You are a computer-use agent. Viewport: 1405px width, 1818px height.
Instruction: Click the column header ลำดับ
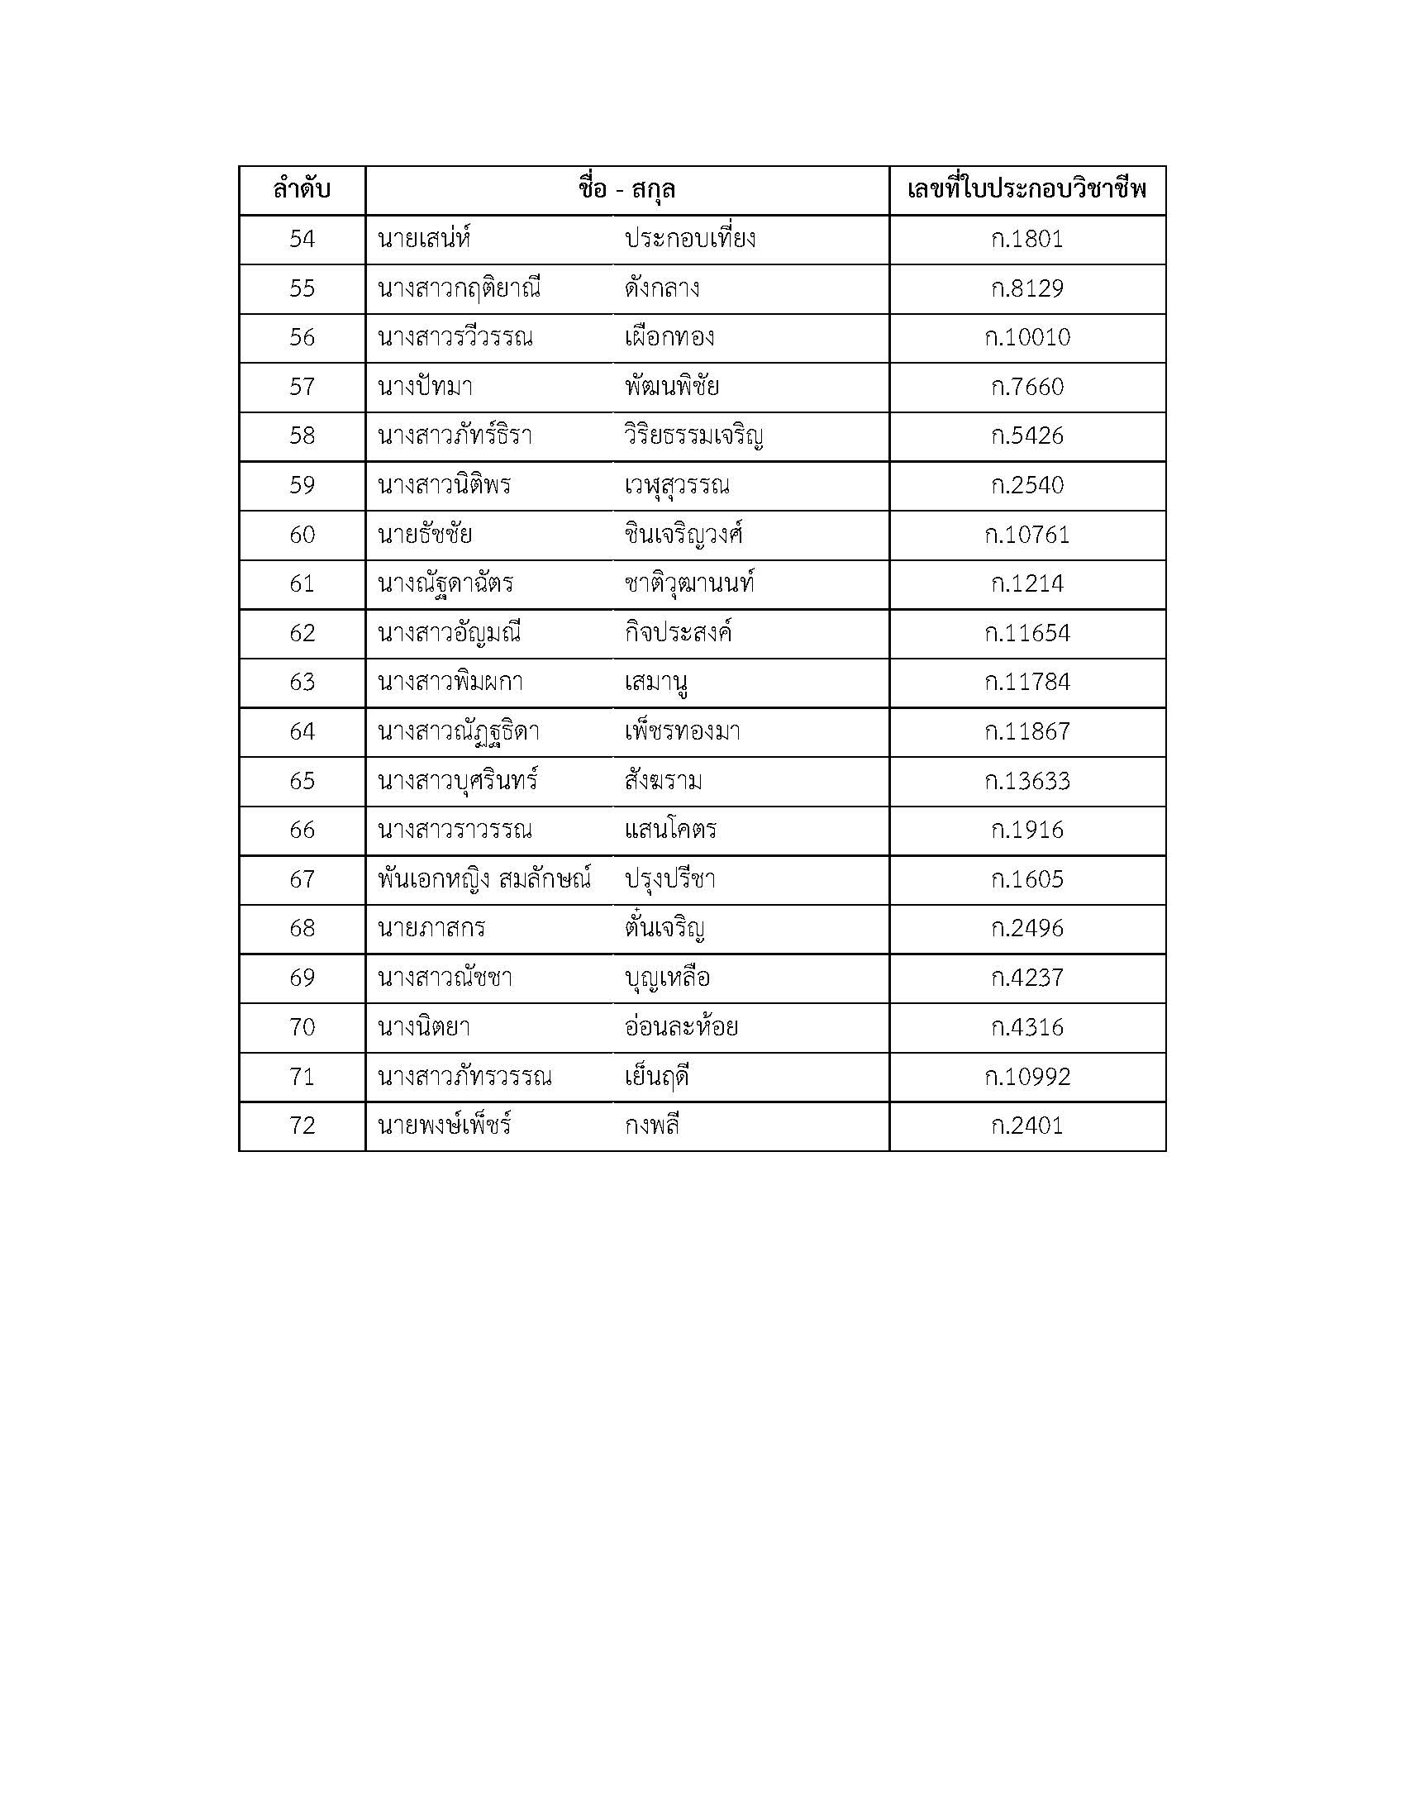coord(302,190)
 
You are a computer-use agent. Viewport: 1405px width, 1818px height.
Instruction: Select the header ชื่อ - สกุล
coord(626,190)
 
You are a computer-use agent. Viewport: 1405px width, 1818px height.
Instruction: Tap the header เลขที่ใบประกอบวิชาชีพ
coord(1027,190)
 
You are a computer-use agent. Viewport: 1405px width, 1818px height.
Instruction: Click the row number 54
coord(302,240)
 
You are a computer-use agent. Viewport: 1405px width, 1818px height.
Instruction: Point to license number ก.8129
coord(1027,289)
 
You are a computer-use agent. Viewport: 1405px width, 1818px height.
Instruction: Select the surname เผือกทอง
coord(669,338)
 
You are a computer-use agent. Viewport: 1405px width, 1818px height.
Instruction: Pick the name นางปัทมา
coord(426,387)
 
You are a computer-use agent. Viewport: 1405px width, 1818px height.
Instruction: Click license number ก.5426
coord(1027,436)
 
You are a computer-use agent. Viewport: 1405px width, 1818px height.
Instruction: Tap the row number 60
coord(302,535)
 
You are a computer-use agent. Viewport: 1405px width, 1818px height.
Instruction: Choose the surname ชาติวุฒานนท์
coord(689,583)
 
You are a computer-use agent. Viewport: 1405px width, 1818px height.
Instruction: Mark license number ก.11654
coord(1027,634)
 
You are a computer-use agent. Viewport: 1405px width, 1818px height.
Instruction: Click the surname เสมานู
coord(656,683)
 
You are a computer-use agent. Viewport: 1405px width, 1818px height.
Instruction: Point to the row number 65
coord(302,781)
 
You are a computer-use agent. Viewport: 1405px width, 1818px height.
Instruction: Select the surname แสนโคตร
coord(670,830)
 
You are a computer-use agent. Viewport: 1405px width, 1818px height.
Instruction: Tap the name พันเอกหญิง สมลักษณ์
coord(483,879)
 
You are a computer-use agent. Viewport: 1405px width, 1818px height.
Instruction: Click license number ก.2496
coord(1027,928)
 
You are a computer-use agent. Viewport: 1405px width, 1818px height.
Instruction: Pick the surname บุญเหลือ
coord(667,978)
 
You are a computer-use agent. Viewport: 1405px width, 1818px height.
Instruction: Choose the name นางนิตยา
coord(424,1027)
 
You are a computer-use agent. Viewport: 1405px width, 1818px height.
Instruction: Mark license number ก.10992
coord(1027,1077)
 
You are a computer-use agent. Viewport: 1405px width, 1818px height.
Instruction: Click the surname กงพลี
coord(652,1126)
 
